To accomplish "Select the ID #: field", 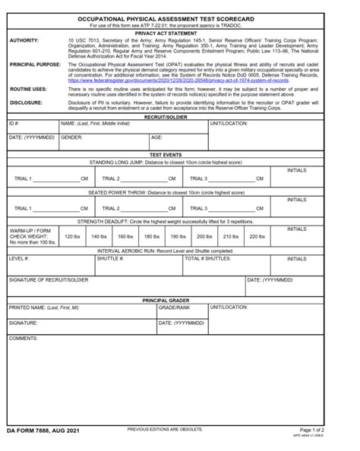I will pyautogui.click(x=30, y=128).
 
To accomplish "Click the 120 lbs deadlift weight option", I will pyautogui.click(x=71, y=236).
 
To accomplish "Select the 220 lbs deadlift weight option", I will pyautogui.click(x=257, y=236).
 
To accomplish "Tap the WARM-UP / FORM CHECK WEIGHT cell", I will pyautogui.click(x=31, y=236).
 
